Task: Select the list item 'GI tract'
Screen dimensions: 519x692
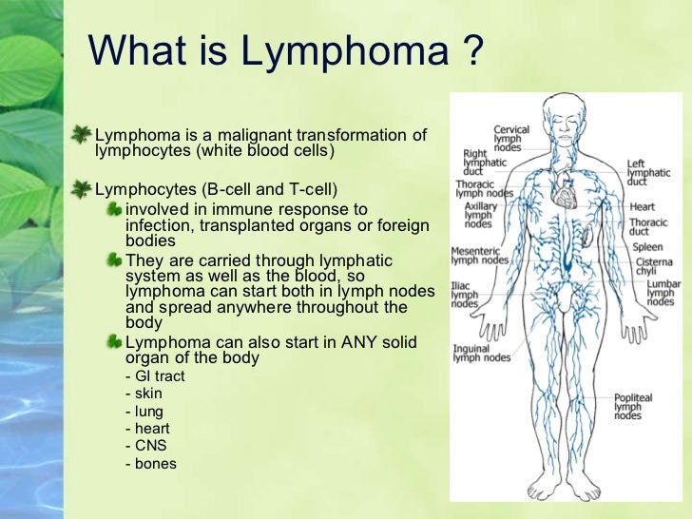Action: click(x=155, y=376)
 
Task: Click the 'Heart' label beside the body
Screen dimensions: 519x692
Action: click(x=642, y=206)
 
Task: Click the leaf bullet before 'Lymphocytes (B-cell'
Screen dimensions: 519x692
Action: click(x=85, y=185)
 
